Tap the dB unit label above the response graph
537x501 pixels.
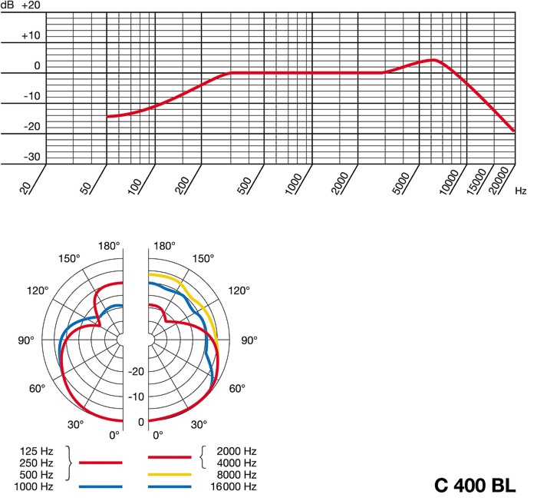click(x=8, y=5)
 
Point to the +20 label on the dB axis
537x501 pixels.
click(x=31, y=5)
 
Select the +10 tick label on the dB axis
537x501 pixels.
click(x=30, y=35)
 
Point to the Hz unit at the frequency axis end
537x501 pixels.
click(x=521, y=190)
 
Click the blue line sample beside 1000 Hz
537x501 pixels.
click(x=100, y=487)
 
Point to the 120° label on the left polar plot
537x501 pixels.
click(x=38, y=290)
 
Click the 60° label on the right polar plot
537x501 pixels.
click(x=237, y=389)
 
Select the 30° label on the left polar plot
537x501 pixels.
click(x=75, y=424)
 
